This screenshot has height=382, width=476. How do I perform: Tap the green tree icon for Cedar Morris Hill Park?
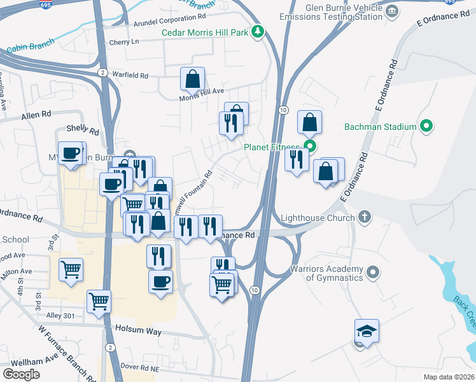pyautogui.click(x=257, y=32)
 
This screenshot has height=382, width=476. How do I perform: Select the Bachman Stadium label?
pyautogui.click(x=380, y=127)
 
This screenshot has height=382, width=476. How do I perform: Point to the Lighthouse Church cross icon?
pyautogui.click(x=364, y=218)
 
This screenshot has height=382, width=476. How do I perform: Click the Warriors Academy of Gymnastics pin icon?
pyautogui.click(x=374, y=272)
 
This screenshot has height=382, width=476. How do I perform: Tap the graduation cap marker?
pyautogui.click(x=367, y=331)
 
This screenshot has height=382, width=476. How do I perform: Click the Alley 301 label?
pyautogui.click(x=60, y=315)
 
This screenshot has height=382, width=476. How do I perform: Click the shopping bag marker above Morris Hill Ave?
pyautogui.click(x=192, y=80)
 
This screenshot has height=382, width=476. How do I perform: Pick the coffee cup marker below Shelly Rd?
pyautogui.click(x=72, y=153)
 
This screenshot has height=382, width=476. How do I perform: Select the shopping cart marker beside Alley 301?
pyautogui.click(x=99, y=301)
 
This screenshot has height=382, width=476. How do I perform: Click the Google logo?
pyautogui.click(x=22, y=374)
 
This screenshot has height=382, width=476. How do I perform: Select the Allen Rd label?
pyautogui.click(x=36, y=115)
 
